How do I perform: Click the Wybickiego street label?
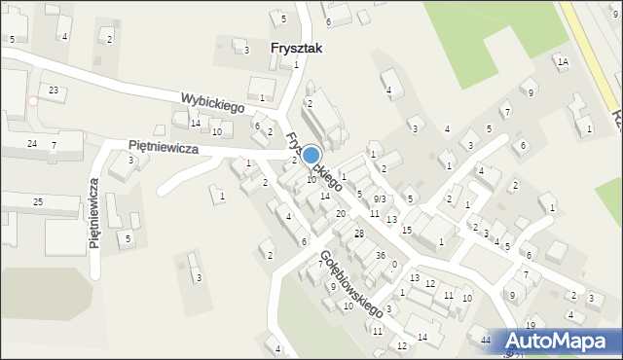(x=210, y=100)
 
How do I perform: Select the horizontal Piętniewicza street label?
(x=164, y=146)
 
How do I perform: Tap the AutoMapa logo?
(x=561, y=342)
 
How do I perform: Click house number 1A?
(x=563, y=61)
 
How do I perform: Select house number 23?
(x=54, y=90)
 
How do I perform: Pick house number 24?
(x=32, y=144)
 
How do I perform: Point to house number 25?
(x=38, y=201)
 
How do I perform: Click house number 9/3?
(x=380, y=198)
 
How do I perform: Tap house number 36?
(x=381, y=255)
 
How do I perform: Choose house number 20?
(x=341, y=213)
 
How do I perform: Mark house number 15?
(x=407, y=230)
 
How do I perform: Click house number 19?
(x=531, y=325)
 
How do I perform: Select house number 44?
(x=486, y=340)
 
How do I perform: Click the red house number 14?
(x=196, y=123)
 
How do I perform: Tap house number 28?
(x=358, y=234)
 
